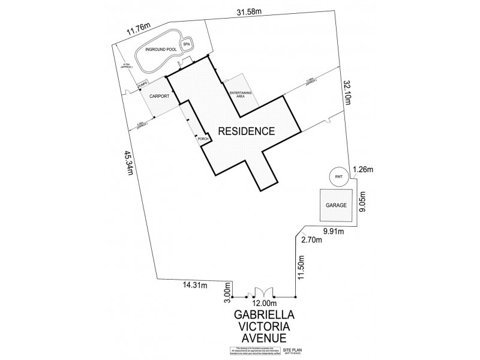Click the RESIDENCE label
[x=246, y=130]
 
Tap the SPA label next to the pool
[x=186, y=45]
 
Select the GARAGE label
[x=337, y=205]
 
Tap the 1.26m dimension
[x=364, y=169]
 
